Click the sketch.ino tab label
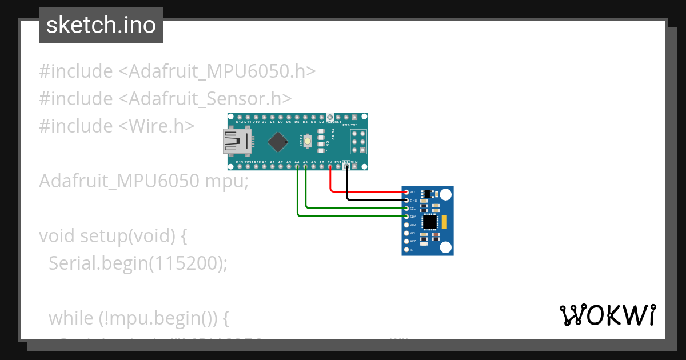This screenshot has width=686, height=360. [101, 25]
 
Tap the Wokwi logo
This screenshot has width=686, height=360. [607, 315]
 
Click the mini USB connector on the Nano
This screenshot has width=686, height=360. [236, 142]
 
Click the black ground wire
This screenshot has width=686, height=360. [374, 200]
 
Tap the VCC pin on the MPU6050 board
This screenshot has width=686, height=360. [406, 192]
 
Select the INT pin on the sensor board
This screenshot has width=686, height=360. [406, 250]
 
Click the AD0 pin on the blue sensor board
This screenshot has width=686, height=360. [406, 241]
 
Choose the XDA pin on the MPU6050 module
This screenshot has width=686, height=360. [406, 225]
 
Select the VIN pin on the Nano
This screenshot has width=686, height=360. [354, 167]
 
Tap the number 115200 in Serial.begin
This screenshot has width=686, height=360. [182, 263]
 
